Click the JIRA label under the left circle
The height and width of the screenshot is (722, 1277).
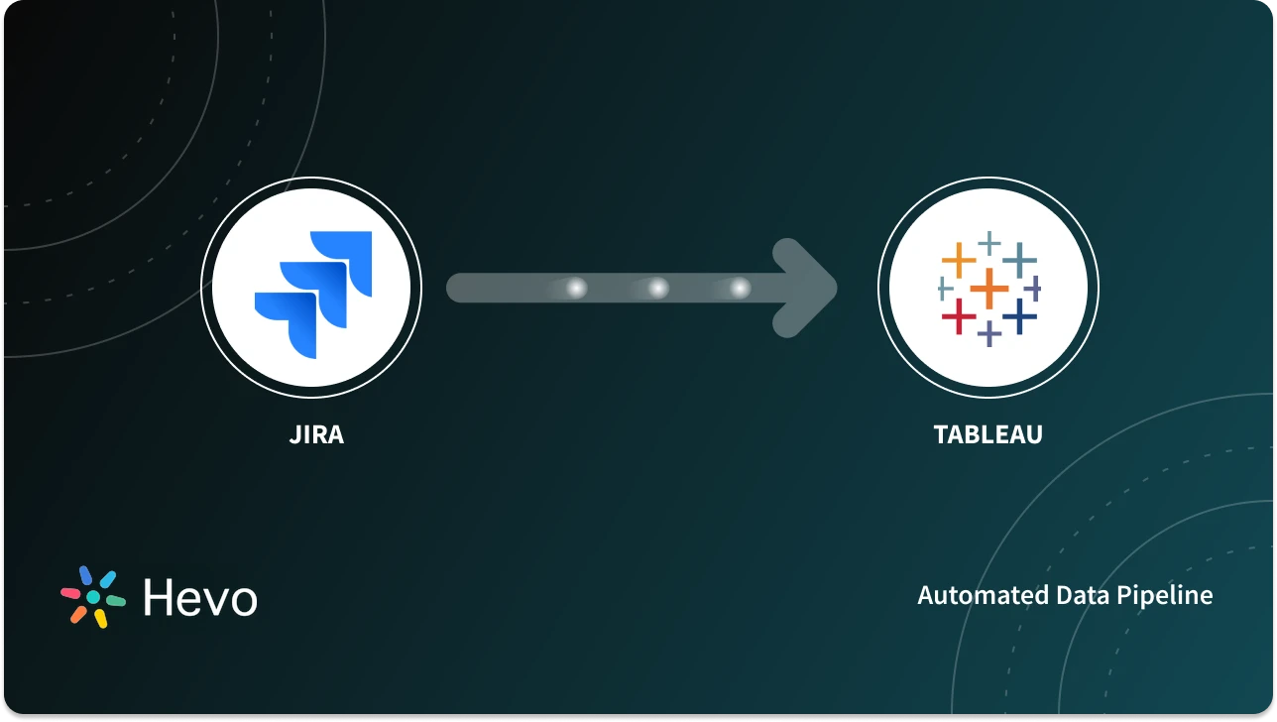[317, 434]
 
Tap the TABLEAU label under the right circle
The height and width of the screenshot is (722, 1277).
[987, 434]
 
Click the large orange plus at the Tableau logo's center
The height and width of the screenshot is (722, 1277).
[988, 289]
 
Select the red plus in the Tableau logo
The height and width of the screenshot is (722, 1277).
[959, 316]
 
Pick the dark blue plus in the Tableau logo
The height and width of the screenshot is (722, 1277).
[1019, 316]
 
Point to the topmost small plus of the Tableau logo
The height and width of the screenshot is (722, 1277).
[988, 241]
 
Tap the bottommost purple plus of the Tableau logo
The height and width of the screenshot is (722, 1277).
[988, 334]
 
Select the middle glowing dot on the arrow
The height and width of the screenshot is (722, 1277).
[657, 288]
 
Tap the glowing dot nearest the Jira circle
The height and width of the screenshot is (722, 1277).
[576, 288]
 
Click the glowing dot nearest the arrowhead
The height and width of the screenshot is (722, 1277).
[740, 288]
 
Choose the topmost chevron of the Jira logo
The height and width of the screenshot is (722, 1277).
[343, 260]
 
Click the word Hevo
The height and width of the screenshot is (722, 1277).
[199, 598]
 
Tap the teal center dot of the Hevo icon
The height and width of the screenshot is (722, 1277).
[93, 597]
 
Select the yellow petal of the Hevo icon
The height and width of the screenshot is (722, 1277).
[100, 619]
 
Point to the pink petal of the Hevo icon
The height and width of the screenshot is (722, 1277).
[70, 592]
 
